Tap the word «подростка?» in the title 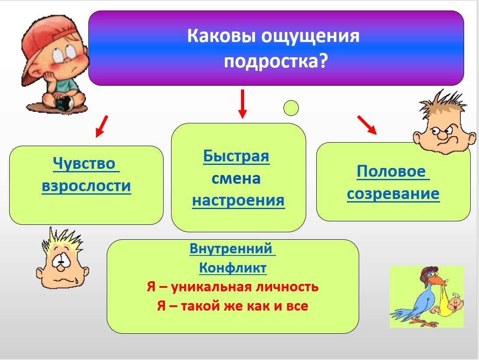pos(276,61)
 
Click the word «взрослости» pos(87,185)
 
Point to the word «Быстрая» pos(236,156)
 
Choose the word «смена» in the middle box pos(236,178)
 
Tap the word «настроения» pos(238,201)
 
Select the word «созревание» pos(393,194)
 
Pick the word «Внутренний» pos(231,248)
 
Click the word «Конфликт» pos(233,268)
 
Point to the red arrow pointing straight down pos(242,104)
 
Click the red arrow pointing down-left pos(102,126)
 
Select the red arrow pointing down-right pos(367,125)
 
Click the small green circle pos(291,108)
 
